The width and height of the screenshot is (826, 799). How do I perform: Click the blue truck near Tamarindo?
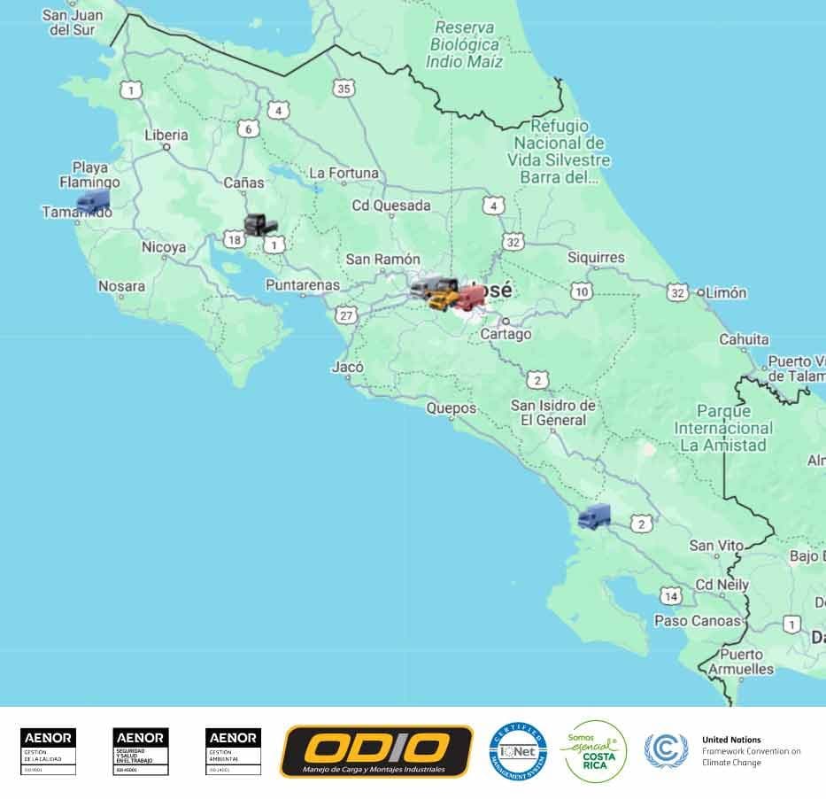pos(93,201)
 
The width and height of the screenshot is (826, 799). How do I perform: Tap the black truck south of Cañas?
pos(260,225)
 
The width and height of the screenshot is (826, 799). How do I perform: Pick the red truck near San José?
pos(469,298)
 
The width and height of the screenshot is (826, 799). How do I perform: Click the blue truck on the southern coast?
pos(594,516)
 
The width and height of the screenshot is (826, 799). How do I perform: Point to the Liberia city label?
pos(166,136)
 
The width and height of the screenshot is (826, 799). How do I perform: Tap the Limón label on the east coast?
pos(726,292)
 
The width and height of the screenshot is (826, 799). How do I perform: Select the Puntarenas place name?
pos(303,285)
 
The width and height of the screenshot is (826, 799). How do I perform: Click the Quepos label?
pos(451,408)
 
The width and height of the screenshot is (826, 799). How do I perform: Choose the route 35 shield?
pos(344,88)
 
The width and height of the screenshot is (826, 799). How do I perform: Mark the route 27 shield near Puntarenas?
pos(345,315)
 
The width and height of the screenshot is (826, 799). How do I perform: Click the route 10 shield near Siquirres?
pos(582,291)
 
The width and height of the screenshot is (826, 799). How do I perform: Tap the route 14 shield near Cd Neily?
pos(672,595)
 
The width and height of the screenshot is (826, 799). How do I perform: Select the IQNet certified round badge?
pos(518,751)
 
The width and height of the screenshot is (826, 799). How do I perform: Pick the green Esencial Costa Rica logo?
pos(595,751)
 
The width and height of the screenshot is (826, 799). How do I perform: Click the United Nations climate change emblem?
pos(666,751)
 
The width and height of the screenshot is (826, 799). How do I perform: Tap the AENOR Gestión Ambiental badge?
pos(233,751)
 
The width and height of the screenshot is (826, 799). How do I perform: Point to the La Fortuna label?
pos(344,173)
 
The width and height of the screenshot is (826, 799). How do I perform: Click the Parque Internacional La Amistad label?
pos(723,428)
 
